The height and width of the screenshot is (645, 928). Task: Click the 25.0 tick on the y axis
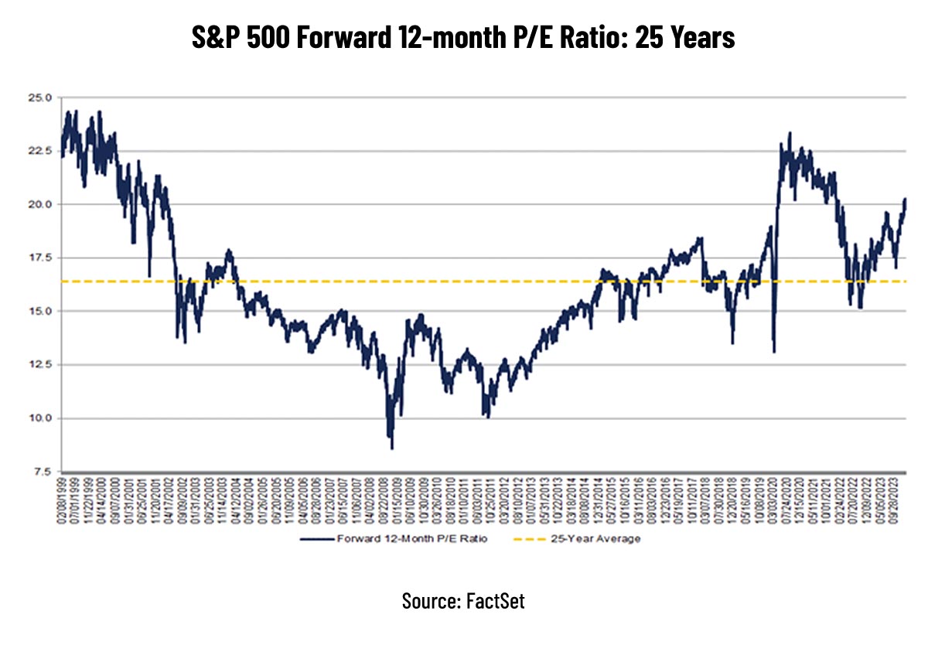[39, 98]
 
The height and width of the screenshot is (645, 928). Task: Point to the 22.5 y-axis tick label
[39, 152]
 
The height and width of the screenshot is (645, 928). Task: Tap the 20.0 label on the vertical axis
[39, 205]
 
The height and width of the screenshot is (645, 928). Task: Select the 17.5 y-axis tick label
[39, 258]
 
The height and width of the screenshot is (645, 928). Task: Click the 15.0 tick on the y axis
[39, 312]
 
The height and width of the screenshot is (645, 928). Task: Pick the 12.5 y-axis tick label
[39, 365]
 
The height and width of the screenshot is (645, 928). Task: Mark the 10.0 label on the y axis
[39, 418]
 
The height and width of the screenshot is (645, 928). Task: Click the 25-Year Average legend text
[595, 539]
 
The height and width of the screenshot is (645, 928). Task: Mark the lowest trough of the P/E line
[392, 448]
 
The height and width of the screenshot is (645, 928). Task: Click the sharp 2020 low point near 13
[773, 352]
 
